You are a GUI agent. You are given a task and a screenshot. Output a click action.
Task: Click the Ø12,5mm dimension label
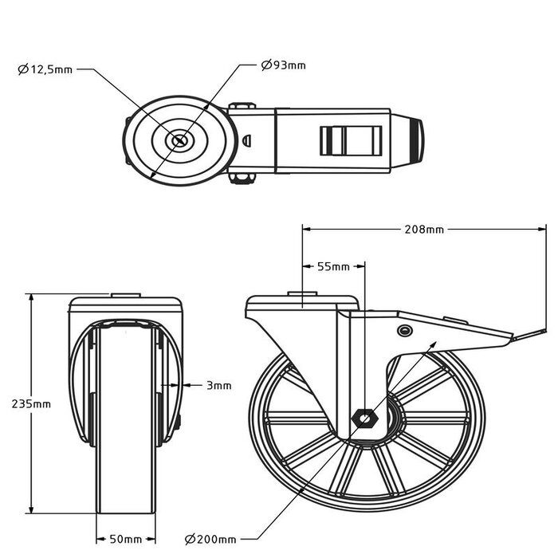pyautogui.click(x=45, y=69)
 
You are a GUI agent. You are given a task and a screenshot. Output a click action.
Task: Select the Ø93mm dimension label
pyautogui.click(x=283, y=65)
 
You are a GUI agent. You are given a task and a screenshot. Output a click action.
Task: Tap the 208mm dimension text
pyautogui.click(x=424, y=230)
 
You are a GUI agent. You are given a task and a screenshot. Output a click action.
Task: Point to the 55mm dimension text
pyautogui.click(x=333, y=266)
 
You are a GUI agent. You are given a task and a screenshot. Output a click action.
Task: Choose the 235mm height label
pyautogui.click(x=31, y=404)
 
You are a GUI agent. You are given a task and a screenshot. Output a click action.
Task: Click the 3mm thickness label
pyautogui.click(x=219, y=385)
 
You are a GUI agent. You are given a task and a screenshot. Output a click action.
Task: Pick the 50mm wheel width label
pyautogui.click(x=126, y=539)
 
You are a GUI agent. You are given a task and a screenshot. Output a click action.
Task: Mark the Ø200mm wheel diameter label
pyautogui.click(x=210, y=540)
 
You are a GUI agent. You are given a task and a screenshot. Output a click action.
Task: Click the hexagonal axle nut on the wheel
pyautogui.click(x=365, y=418)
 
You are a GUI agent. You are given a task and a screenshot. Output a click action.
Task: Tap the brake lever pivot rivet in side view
pyautogui.click(x=404, y=331)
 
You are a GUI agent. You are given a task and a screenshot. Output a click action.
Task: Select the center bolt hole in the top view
pyautogui.click(x=179, y=140)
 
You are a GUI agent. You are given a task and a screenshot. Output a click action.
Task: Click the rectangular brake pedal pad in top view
pyautogui.click(x=351, y=141)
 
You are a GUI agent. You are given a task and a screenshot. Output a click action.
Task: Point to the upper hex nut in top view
pyautogui.click(x=242, y=106)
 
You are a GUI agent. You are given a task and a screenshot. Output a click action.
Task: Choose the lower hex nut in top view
pyautogui.click(x=242, y=179)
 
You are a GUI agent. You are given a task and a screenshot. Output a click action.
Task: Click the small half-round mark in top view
pyautogui.click(x=246, y=140)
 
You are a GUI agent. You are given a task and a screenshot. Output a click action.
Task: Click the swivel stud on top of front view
pyautogui.click(x=126, y=295)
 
